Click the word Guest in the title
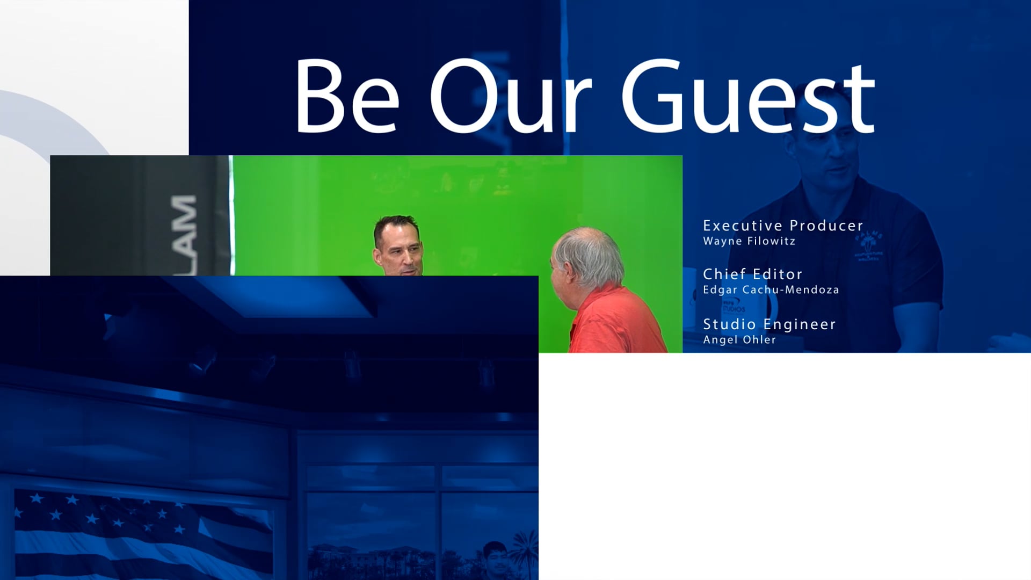[x=748, y=97]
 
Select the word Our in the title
[x=510, y=97]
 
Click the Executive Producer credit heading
[x=783, y=226]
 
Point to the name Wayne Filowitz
[x=749, y=241]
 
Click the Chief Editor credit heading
[x=752, y=274]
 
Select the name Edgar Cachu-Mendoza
[x=771, y=290]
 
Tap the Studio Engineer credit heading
[x=769, y=324]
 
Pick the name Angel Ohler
[x=739, y=340]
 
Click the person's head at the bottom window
[x=495, y=556]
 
